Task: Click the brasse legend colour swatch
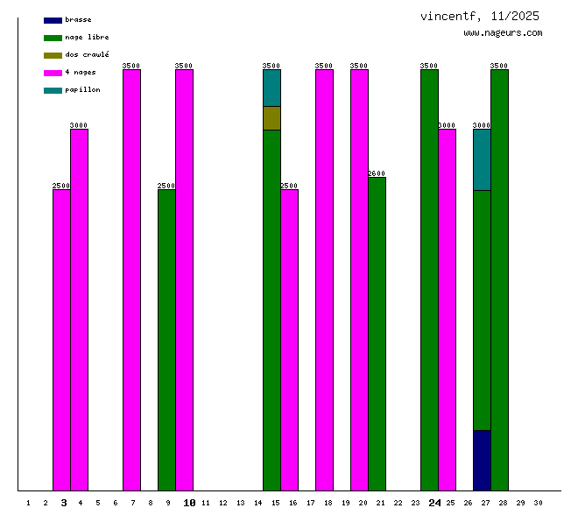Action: coord(53,20)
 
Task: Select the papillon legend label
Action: coord(82,90)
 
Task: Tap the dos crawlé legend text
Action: coord(87,55)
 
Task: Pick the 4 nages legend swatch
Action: coord(53,73)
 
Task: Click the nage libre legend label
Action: coord(87,38)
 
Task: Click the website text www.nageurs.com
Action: coord(503,33)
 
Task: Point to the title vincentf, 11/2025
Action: coord(479,17)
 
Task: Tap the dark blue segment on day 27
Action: coord(482,460)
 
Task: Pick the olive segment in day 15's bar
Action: coord(271,118)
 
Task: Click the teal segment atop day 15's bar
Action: coord(271,88)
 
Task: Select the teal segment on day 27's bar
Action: coord(482,159)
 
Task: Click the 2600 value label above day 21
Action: coord(377,173)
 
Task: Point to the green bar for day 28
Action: coord(499,280)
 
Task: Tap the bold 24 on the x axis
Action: coord(435,503)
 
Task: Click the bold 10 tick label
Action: coord(189,503)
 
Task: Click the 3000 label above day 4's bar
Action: coord(79,125)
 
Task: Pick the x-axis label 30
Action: coord(538,503)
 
